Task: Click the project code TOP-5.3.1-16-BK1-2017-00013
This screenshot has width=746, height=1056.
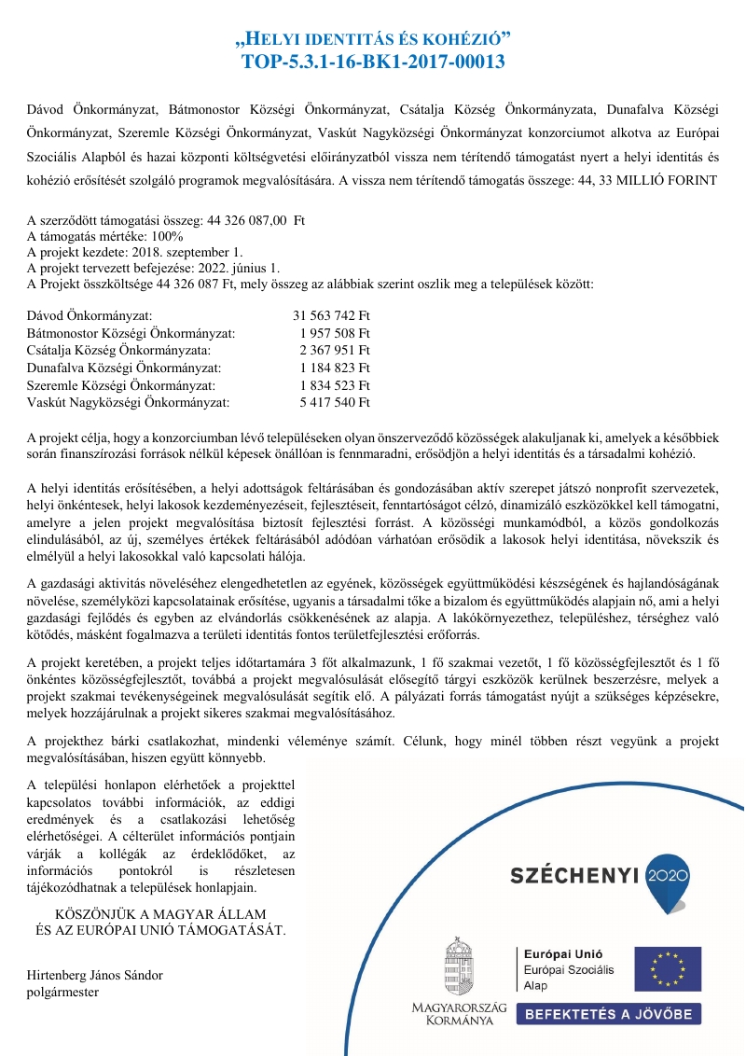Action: click(x=373, y=63)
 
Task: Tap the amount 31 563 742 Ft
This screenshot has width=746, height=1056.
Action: click(x=332, y=317)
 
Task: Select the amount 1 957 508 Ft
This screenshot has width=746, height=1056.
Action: click(x=335, y=334)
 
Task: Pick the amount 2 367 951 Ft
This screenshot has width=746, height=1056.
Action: click(x=335, y=351)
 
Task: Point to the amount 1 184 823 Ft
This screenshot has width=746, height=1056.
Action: click(x=335, y=368)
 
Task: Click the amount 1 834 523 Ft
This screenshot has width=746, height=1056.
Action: click(x=335, y=385)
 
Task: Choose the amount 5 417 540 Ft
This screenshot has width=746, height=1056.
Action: click(x=335, y=402)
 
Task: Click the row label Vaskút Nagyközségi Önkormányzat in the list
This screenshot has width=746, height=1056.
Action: click(x=128, y=402)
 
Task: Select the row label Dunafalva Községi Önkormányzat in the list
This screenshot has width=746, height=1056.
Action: click(x=124, y=368)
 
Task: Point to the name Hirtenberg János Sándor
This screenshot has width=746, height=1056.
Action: click(x=95, y=976)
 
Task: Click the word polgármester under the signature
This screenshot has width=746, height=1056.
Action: click(x=63, y=992)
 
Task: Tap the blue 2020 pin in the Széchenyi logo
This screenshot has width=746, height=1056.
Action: click(x=666, y=876)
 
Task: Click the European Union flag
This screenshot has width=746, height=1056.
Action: click(x=668, y=968)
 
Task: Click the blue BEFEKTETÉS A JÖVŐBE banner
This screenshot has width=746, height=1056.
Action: click(x=609, y=1014)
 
